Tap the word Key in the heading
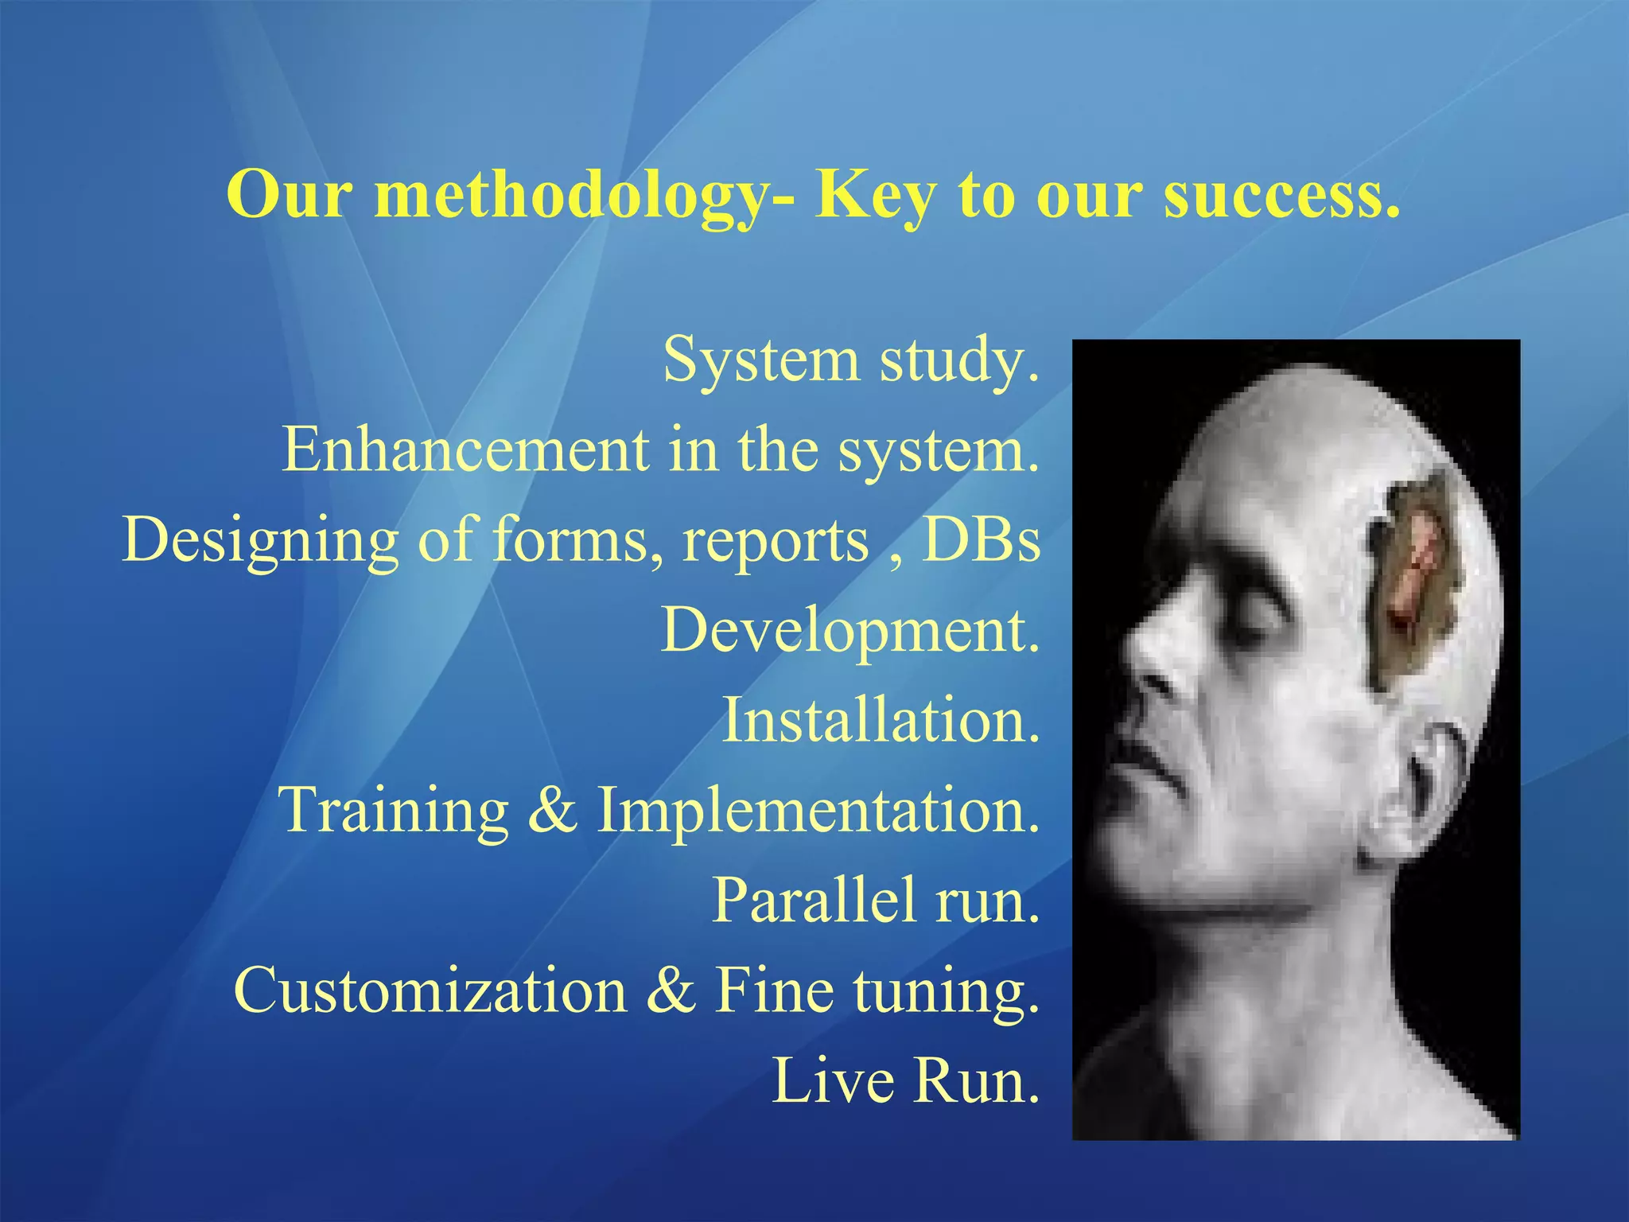click(x=874, y=197)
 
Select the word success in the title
click(x=1281, y=197)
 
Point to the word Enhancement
click(x=465, y=449)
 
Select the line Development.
click(x=850, y=631)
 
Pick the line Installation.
click(x=881, y=720)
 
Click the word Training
click(x=393, y=811)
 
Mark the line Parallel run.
click(x=876, y=901)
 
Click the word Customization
click(x=430, y=990)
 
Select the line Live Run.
click(x=906, y=1080)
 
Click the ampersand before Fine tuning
click(x=671, y=990)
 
